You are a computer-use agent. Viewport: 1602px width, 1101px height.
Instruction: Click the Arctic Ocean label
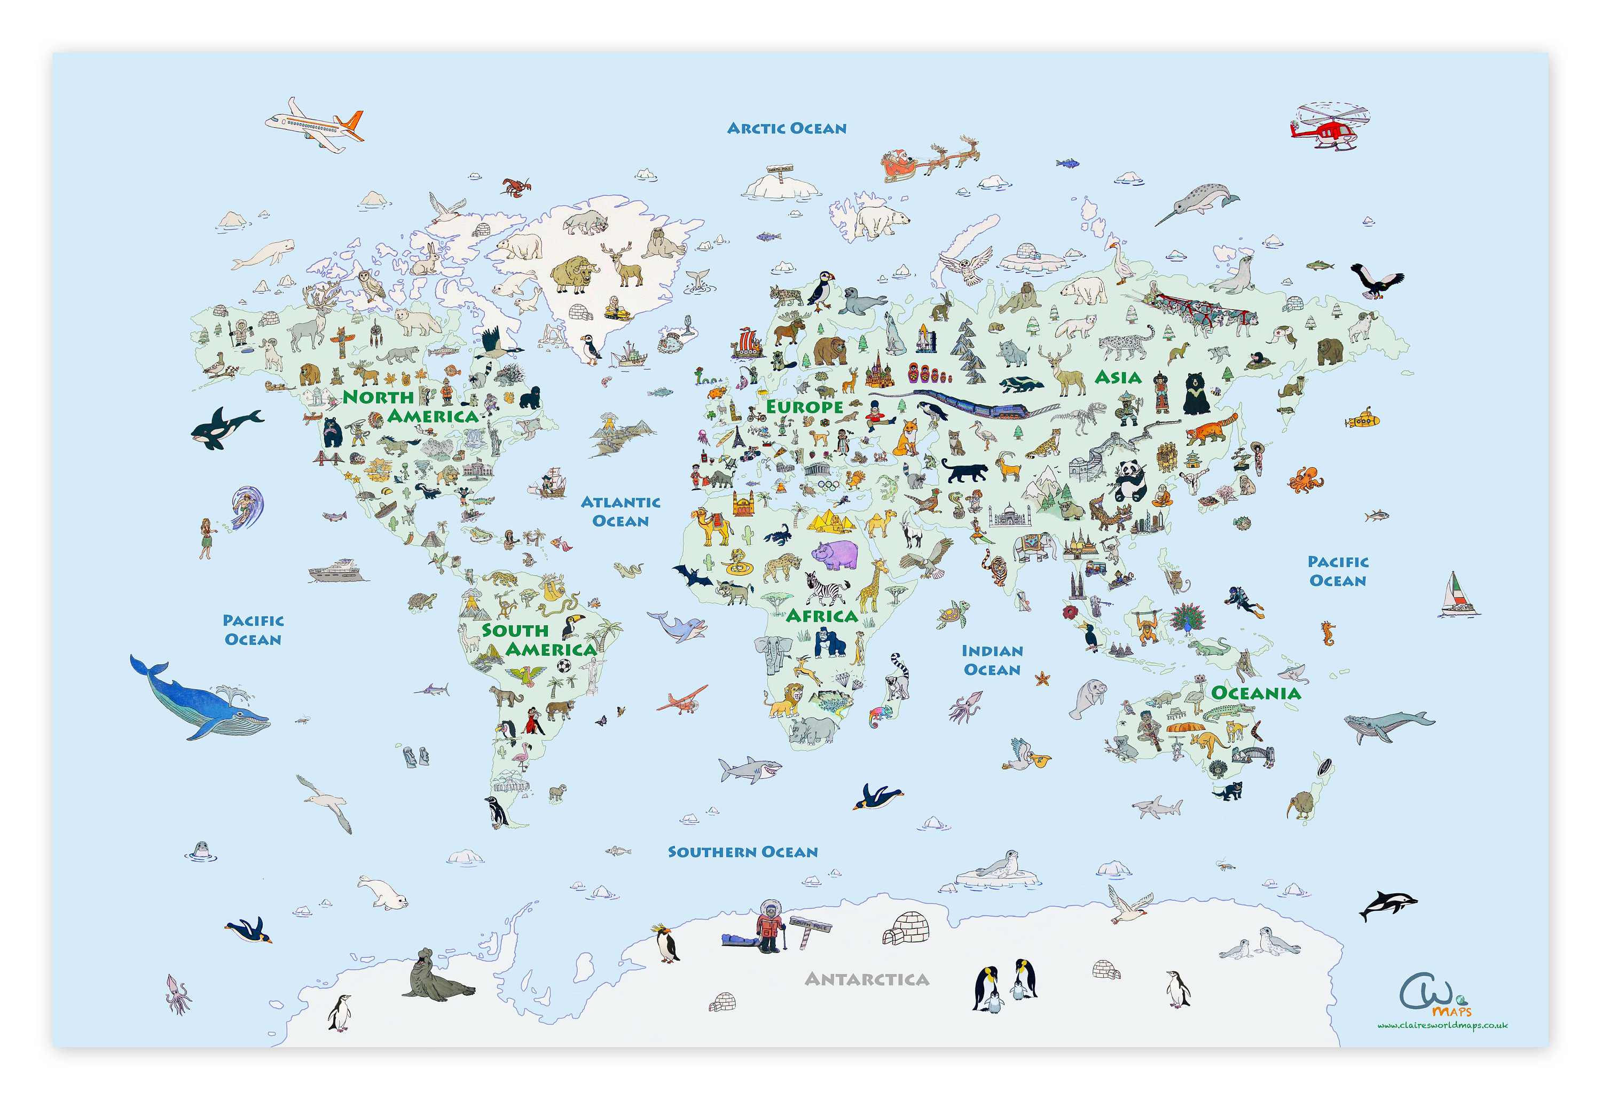tap(786, 128)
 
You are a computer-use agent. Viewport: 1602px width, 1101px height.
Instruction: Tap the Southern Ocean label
tap(742, 852)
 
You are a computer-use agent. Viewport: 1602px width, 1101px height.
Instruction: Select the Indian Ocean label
tap(992, 660)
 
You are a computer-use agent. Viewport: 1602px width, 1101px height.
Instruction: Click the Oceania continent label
tap(1255, 693)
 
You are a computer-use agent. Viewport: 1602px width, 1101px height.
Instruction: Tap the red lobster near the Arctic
tap(515, 186)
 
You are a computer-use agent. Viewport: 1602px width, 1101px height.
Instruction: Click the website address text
tap(1442, 1025)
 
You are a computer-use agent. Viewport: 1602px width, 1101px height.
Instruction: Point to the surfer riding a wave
tap(246, 507)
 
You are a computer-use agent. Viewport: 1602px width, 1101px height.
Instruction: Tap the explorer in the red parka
tap(769, 926)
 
